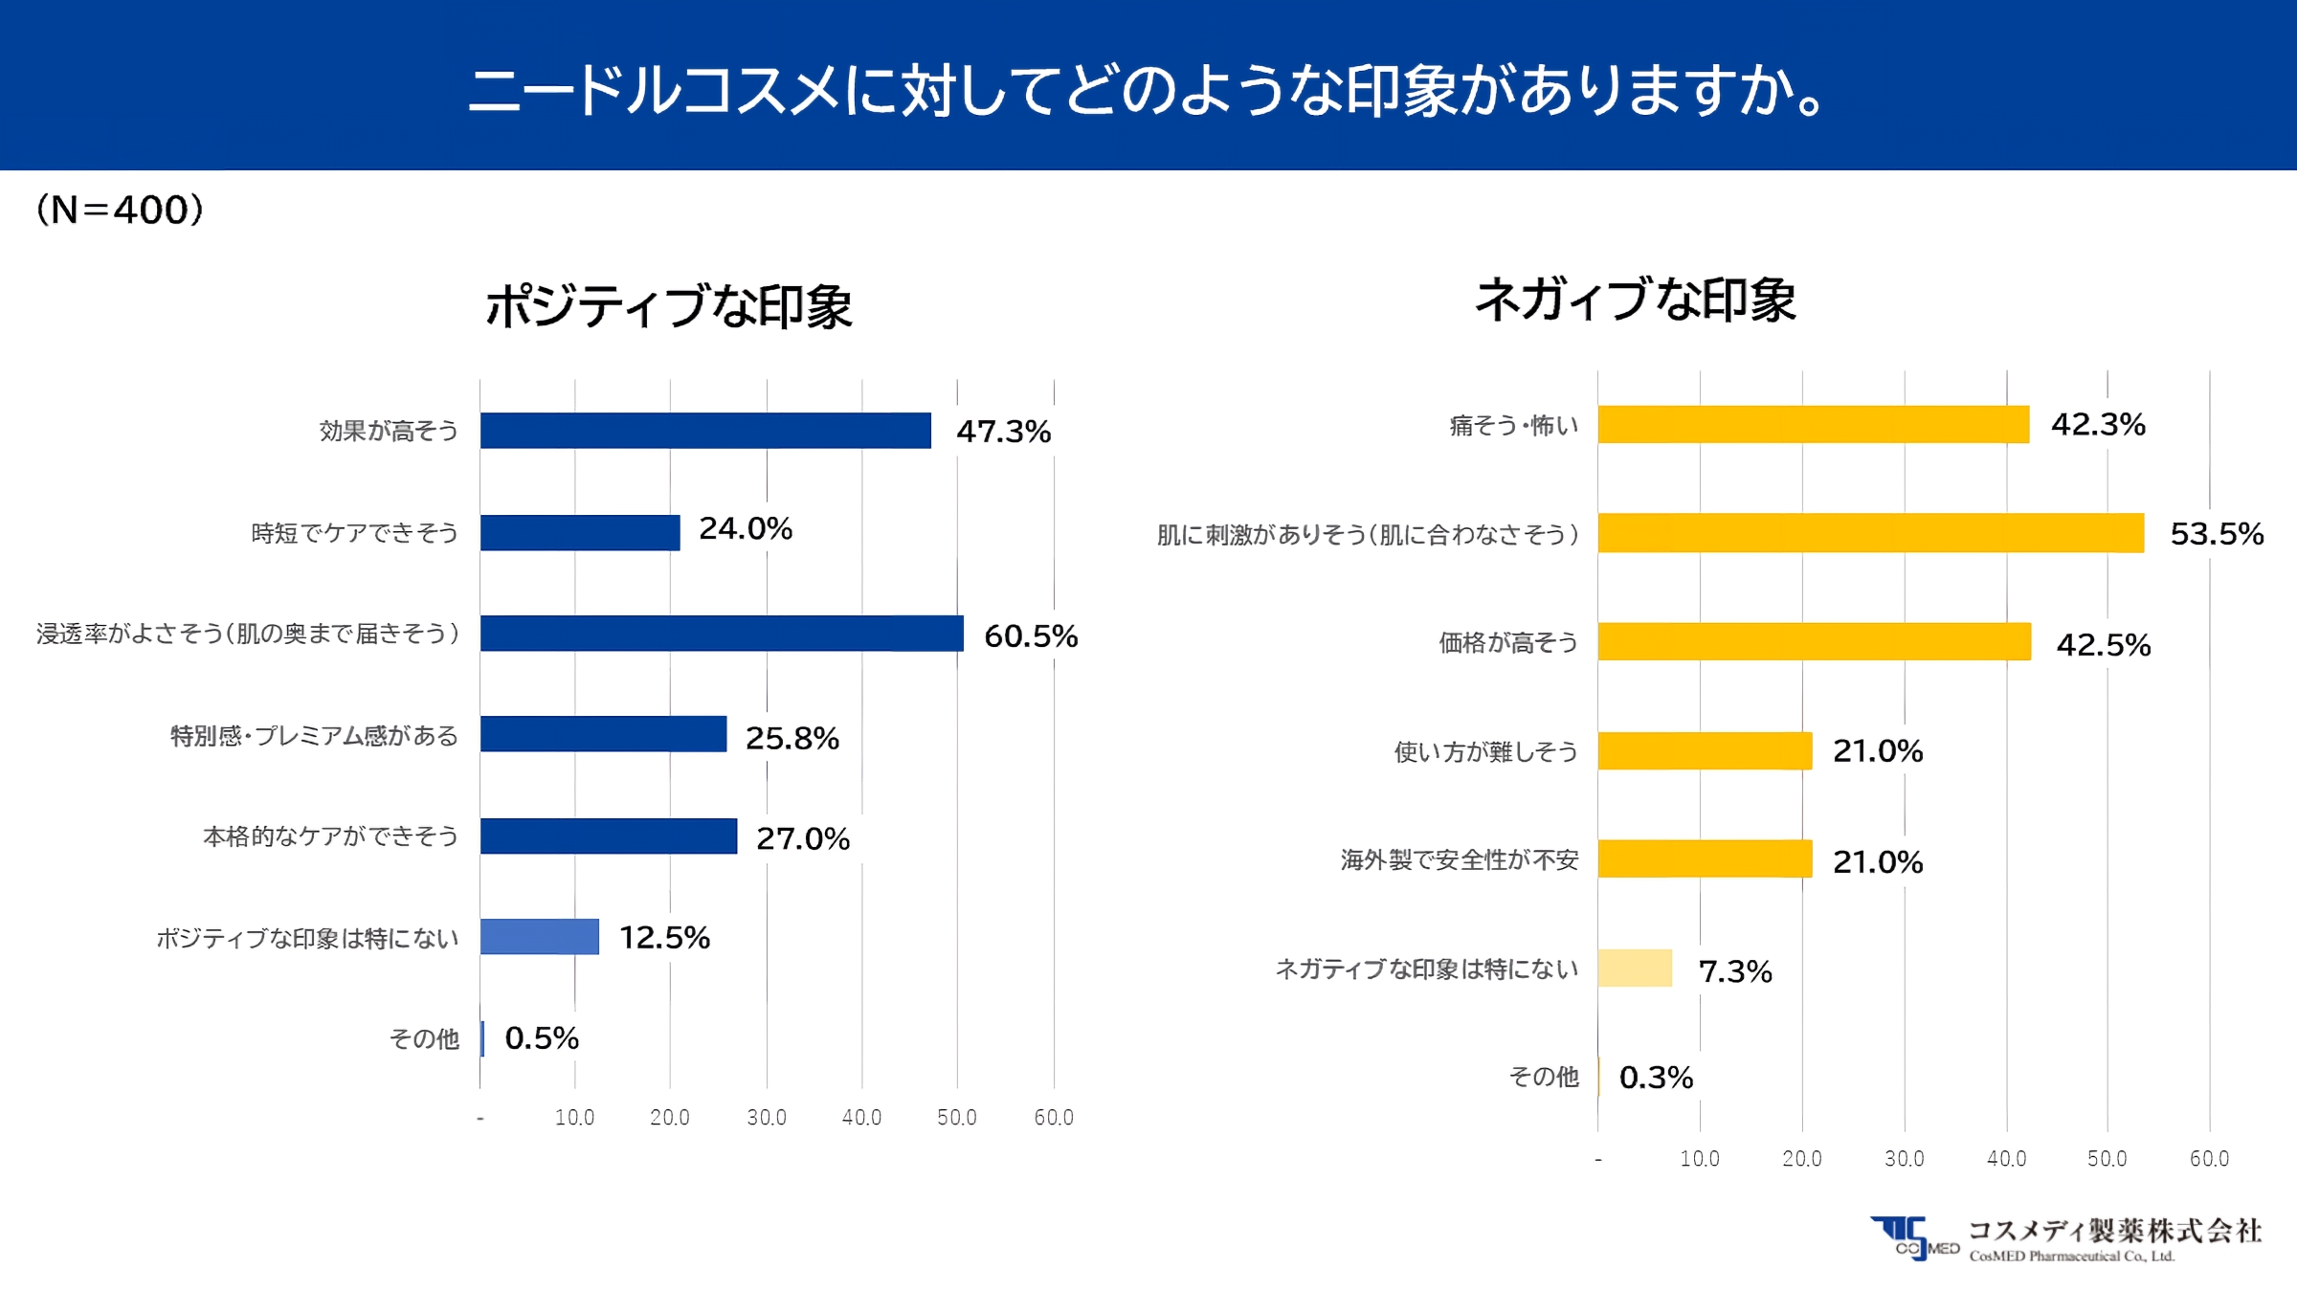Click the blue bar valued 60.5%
click(x=722, y=634)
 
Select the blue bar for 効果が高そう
click(x=705, y=431)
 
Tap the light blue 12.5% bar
click(x=540, y=937)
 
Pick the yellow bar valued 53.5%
click(x=1870, y=533)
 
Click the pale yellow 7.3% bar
click(x=1635, y=969)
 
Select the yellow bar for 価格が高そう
click(x=1814, y=642)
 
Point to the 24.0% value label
click(x=746, y=528)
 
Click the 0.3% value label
click(x=1656, y=1078)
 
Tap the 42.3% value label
click(x=2098, y=424)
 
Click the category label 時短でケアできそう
click(x=354, y=533)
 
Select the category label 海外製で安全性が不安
click(x=1459, y=859)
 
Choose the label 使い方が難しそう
click(x=1485, y=751)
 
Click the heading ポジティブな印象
click(x=668, y=306)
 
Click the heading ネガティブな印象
click(x=1635, y=299)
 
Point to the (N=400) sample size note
click(x=120, y=210)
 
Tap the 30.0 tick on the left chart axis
click(x=766, y=1117)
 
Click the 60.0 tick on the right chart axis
click(x=2209, y=1158)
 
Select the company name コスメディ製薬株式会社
click(x=2114, y=1231)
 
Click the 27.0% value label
click(x=802, y=838)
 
